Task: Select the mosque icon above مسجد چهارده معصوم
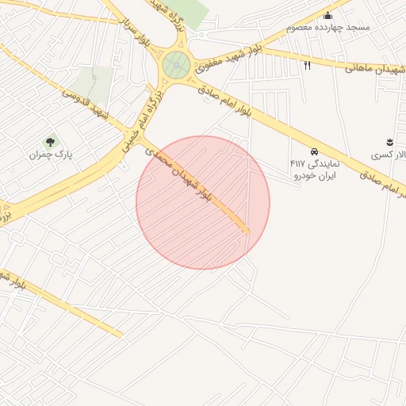[328, 16]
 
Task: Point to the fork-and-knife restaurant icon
[307, 66]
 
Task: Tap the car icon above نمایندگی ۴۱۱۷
[315, 151]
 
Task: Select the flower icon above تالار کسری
[389, 141]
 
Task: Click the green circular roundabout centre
[176, 66]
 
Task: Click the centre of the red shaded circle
[203, 203]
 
